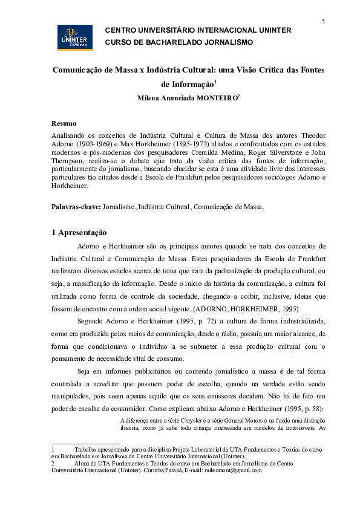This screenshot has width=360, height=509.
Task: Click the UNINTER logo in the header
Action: (x=74, y=37)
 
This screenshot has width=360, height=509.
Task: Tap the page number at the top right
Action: (x=324, y=22)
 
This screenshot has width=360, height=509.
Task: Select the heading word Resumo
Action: (x=64, y=123)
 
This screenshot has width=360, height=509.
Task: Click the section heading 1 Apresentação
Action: (x=79, y=232)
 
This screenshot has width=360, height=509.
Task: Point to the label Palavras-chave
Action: (x=76, y=207)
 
